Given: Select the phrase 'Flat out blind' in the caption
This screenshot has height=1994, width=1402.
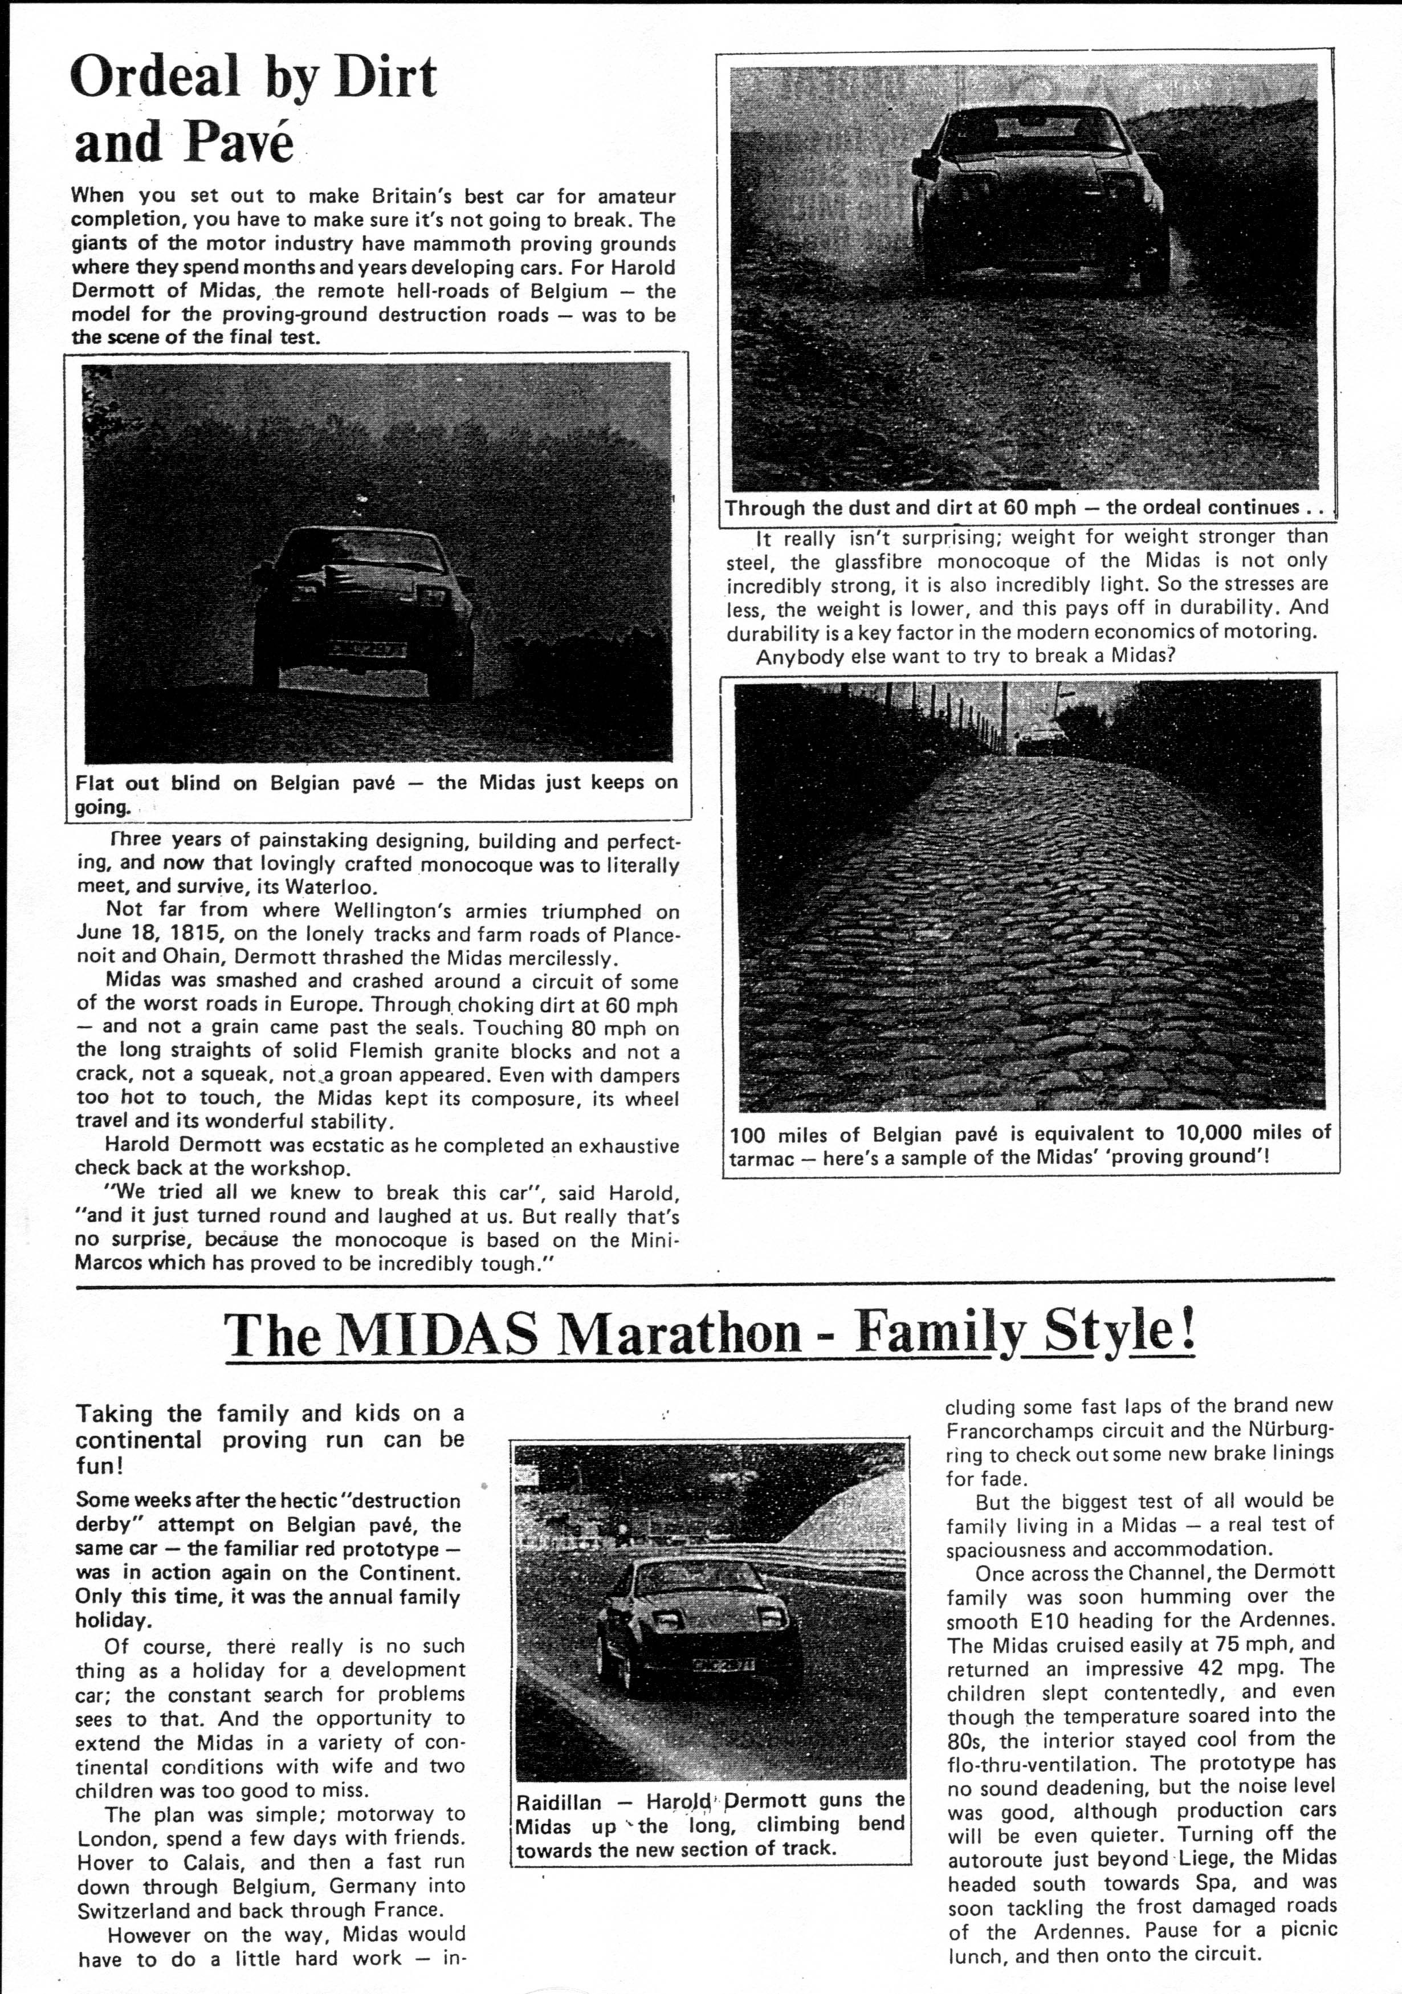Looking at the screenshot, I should (x=148, y=783).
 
